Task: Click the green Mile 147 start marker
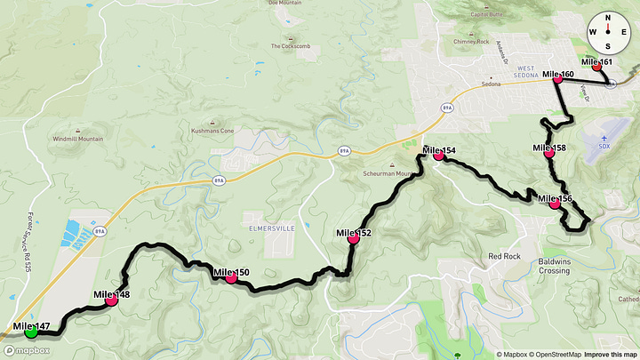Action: point(31,332)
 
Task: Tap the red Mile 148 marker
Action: point(112,300)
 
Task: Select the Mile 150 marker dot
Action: point(231,277)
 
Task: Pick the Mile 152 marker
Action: point(353,238)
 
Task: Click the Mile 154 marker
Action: point(438,156)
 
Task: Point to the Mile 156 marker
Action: point(555,204)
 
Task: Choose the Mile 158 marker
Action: point(548,153)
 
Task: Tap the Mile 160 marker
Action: point(557,79)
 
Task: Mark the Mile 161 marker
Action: point(597,67)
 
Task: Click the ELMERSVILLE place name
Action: point(270,226)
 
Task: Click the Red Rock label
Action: point(503,256)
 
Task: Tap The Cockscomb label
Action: point(289,46)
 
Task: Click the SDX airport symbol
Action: point(605,140)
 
